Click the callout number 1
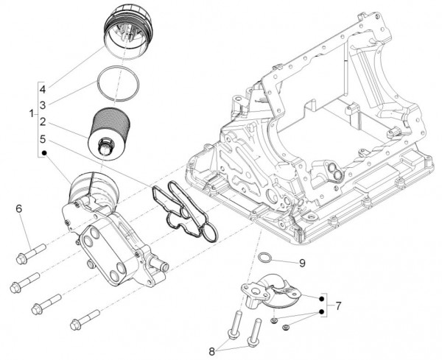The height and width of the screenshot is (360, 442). (31, 113)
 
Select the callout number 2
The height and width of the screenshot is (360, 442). (43, 121)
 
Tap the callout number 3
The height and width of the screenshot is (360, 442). (43, 105)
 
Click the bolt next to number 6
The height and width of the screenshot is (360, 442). (30, 253)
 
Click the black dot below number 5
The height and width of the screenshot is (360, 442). (43, 154)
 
